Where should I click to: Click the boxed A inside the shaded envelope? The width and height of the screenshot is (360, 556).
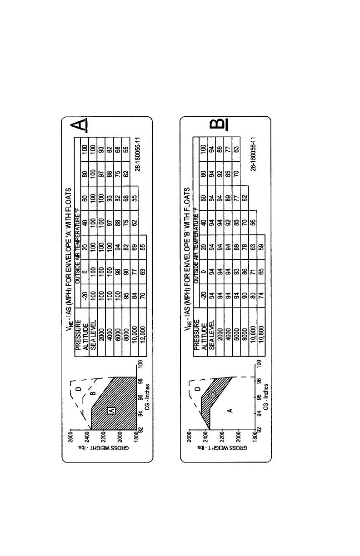pos(111,410)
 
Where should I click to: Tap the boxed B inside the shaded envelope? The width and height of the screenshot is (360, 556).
pos(211,394)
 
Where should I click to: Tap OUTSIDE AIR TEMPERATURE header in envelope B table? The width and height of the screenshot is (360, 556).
pos(196,236)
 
